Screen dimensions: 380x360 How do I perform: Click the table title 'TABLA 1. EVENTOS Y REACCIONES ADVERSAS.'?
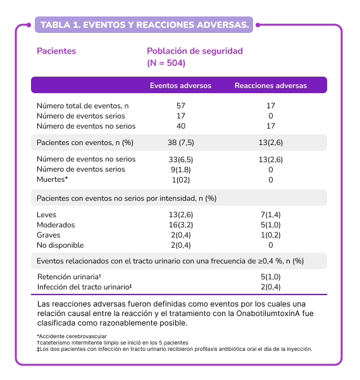(x=144, y=25)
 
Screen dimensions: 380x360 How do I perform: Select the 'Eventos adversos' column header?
(x=180, y=85)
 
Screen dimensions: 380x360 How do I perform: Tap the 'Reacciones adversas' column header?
(x=270, y=85)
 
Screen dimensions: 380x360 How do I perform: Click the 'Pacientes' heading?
(x=56, y=51)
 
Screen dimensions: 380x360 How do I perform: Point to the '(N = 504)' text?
(x=166, y=63)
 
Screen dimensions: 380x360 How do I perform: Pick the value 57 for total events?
(x=180, y=106)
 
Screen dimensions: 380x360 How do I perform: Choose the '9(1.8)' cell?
(x=180, y=170)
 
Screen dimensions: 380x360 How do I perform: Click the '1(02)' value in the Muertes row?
(x=180, y=180)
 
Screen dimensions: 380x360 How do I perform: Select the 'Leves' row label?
(x=47, y=215)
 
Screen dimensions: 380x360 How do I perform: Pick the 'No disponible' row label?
(x=60, y=245)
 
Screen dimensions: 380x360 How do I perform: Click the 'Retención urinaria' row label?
(x=70, y=277)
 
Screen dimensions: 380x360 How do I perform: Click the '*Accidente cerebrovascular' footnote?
(x=71, y=335)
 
